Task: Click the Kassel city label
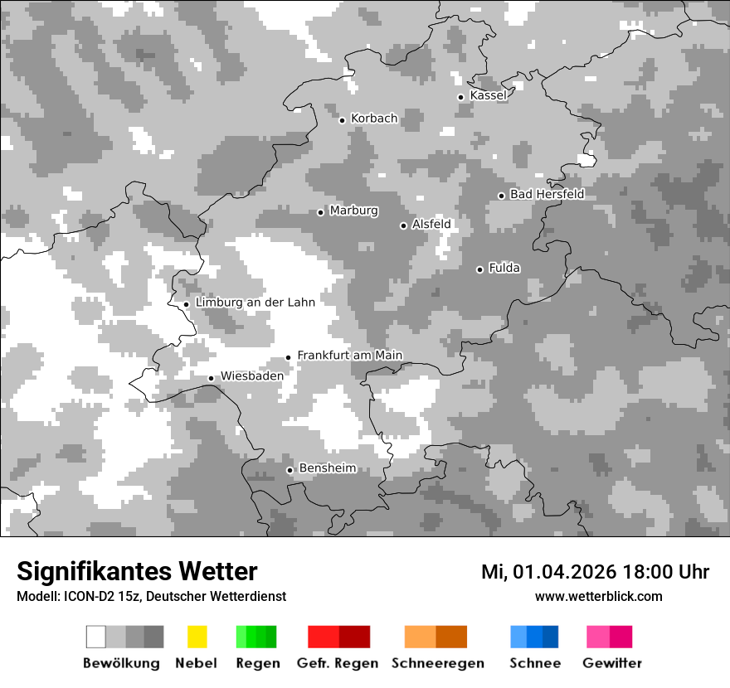[x=488, y=95]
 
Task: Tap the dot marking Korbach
[x=342, y=120]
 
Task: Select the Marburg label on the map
[x=353, y=211]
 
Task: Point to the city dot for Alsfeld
[x=404, y=225]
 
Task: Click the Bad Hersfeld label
[x=547, y=194]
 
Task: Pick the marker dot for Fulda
[x=479, y=269]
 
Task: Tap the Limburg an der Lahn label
[x=255, y=303]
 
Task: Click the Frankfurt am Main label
[x=349, y=356]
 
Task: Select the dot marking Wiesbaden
[x=212, y=378]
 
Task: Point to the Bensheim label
[x=327, y=468]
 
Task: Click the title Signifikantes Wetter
[x=137, y=572]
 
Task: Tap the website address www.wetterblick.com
[x=598, y=596]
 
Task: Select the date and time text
[x=595, y=572]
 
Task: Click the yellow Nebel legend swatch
[x=197, y=637]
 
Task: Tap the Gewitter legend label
[x=611, y=663]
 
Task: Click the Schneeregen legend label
[x=437, y=663]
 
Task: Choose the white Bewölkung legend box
[x=96, y=637]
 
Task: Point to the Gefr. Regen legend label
[x=338, y=663]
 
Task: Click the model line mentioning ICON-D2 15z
[x=151, y=597]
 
